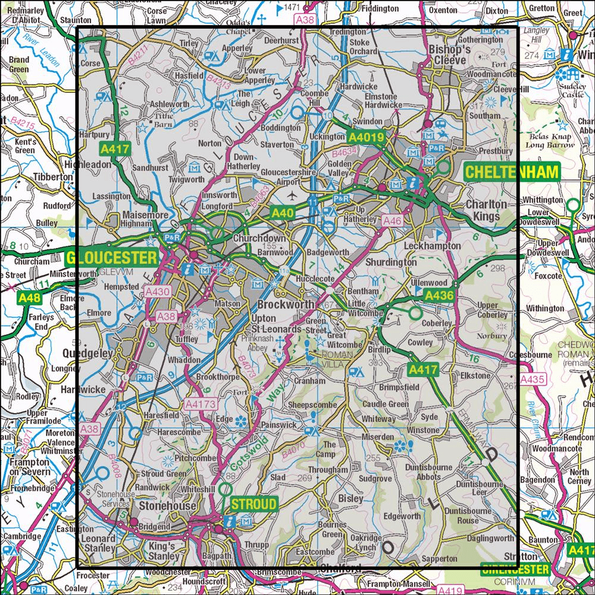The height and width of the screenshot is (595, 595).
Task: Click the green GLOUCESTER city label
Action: (112, 258)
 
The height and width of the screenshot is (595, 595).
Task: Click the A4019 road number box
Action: (368, 137)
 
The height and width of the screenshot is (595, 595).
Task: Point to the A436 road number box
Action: (439, 295)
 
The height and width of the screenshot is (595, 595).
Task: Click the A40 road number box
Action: (283, 212)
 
